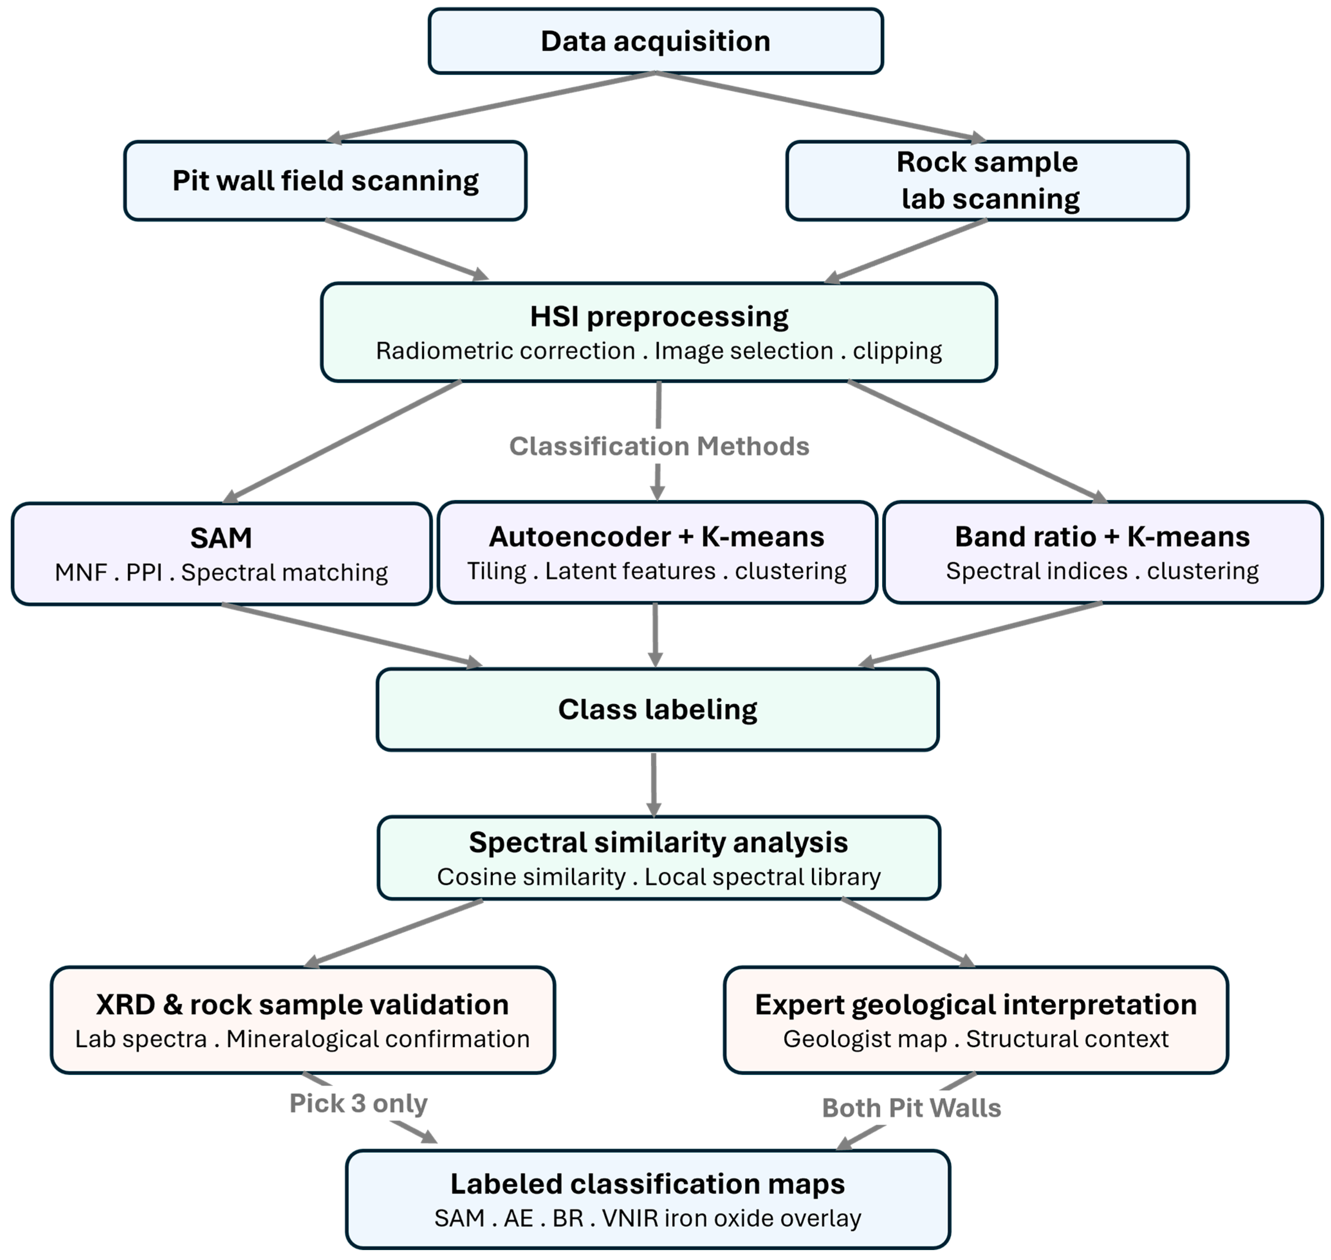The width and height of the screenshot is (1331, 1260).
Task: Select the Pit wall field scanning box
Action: tap(325, 181)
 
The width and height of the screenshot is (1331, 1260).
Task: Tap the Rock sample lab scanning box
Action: tap(987, 181)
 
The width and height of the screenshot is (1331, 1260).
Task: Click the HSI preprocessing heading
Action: tap(659, 316)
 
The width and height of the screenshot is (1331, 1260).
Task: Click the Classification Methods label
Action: tap(659, 446)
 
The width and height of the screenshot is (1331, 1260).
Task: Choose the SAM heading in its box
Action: tap(221, 538)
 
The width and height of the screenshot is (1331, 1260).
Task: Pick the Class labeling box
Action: tap(657, 709)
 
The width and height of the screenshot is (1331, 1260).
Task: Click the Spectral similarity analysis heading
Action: tap(658, 842)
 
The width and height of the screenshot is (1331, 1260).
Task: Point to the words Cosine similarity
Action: tap(531, 877)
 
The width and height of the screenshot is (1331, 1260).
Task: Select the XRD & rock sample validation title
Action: tap(302, 1005)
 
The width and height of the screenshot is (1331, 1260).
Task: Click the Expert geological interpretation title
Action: tap(976, 1005)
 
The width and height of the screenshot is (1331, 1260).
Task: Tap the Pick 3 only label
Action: tap(358, 1103)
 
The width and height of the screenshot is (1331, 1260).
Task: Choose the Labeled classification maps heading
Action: tap(647, 1184)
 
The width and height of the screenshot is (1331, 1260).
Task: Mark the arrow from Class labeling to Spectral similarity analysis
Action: tap(653, 784)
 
